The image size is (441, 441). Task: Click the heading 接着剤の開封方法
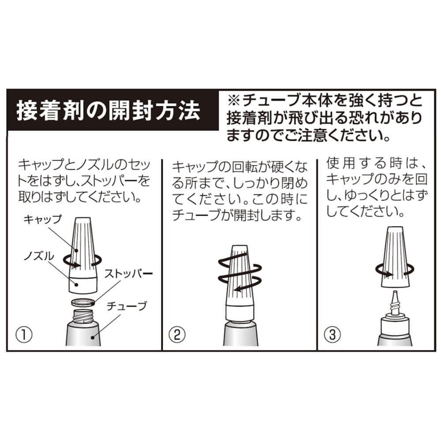pos(108,110)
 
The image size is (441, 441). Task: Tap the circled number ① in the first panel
pos(24,335)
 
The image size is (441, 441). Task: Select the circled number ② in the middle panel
pos(177,335)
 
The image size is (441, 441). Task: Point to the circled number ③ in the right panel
pos(333,335)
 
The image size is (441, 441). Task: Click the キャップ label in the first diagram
pos(42,219)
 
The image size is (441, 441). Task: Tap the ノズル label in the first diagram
pos(38,256)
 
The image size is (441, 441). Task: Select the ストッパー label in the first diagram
pos(128,273)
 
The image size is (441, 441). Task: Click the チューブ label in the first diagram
pos(127,306)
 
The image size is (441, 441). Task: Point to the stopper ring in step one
pos(83,303)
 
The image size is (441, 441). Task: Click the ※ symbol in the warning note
pos(234,101)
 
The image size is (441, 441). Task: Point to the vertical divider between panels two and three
pos(317,254)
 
